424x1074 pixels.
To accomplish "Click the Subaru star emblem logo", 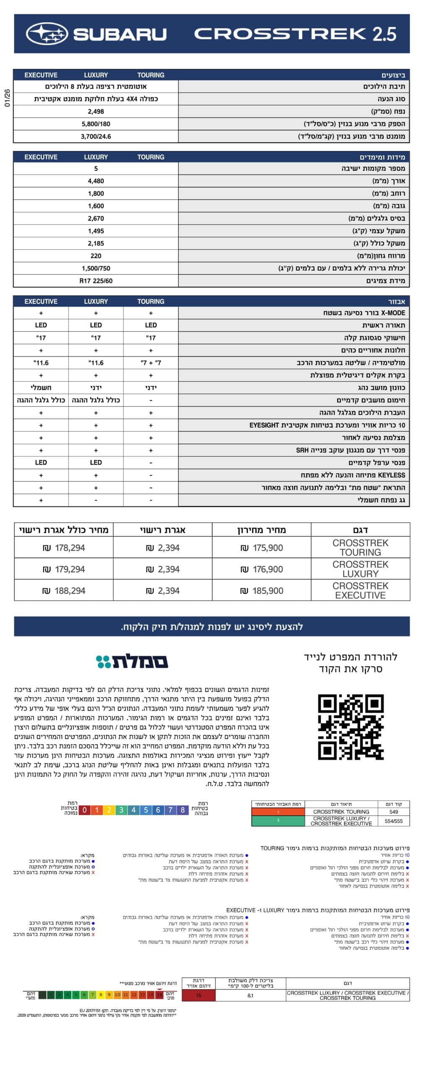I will point(47,34).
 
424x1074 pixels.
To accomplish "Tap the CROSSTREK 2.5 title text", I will point(295,34).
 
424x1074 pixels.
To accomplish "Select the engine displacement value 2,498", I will point(96,112).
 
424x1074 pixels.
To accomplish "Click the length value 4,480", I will point(96,181).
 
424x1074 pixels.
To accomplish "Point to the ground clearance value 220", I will point(96,256).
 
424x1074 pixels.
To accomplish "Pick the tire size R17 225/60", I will point(96,281).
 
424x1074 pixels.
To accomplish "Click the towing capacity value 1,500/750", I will point(96,268).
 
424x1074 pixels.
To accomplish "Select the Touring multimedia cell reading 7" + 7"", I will point(151,363).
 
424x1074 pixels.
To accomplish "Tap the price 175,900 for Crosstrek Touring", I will point(262,548).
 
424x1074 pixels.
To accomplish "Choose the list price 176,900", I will point(262,569).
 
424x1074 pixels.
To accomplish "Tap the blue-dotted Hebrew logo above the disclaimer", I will point(132,662).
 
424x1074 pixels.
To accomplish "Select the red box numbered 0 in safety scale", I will point(84,810).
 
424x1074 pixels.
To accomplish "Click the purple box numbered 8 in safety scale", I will point(183,810).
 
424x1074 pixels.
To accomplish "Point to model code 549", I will point(393,812).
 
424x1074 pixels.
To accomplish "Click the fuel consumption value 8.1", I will point(250,996).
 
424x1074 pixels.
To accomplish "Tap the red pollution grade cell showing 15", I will point(199,996).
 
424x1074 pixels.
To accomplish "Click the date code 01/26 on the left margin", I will point(7,97).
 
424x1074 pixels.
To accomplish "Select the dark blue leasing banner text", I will point(212,627).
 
